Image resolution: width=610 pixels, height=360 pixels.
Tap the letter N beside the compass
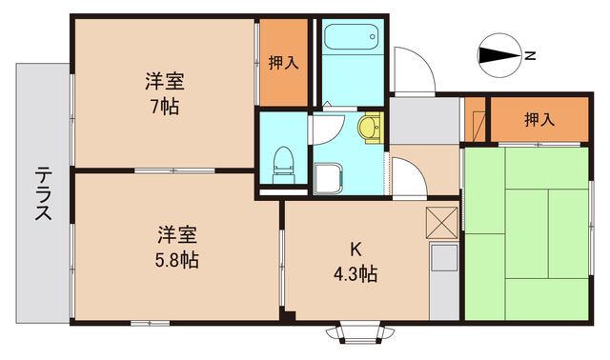coord(530,55)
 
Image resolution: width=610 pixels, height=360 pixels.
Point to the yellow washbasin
coord(369,126)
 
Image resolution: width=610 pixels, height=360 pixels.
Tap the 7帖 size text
coord(164,106)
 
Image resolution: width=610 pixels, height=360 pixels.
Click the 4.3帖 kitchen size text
coord(355,275)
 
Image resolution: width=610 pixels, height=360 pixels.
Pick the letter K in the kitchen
coord(355,251)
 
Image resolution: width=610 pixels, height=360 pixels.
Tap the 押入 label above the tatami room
coord(539,119)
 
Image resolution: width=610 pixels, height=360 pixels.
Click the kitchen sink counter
coord(443,281)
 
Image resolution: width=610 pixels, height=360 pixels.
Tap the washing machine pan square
coord(329,177)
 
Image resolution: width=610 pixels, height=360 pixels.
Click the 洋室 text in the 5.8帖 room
coord(177,233)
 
